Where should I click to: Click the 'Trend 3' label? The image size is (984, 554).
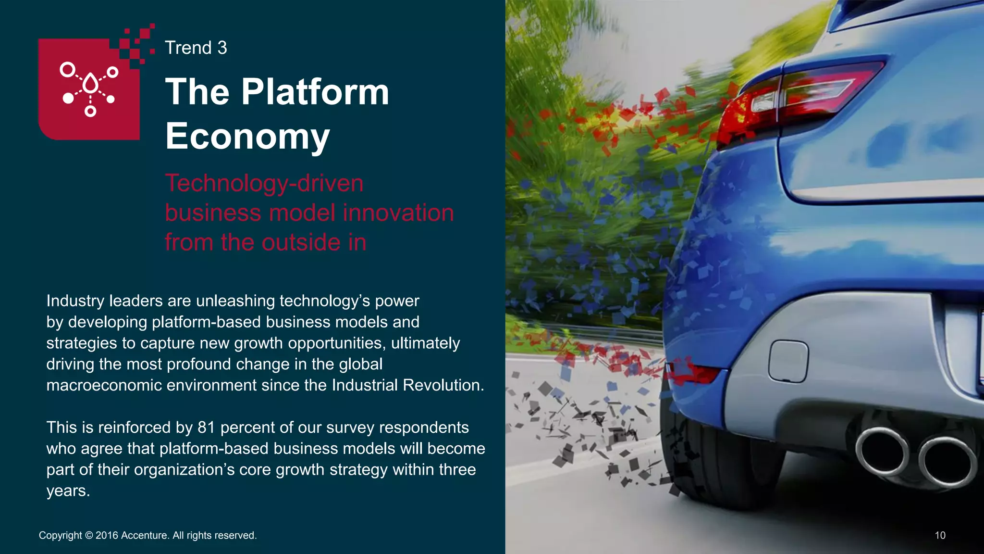point(196,48)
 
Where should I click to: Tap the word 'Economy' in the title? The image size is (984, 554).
point(247,136)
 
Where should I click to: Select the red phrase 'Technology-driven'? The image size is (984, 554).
point(264,183)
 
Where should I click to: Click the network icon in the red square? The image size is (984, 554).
point(89,88)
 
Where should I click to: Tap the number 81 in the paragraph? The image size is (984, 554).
point(206,427)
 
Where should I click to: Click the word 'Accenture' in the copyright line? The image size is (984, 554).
point(145,535)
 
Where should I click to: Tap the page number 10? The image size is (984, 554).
point(940,535)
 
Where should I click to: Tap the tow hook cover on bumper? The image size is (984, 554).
point(788,361)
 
